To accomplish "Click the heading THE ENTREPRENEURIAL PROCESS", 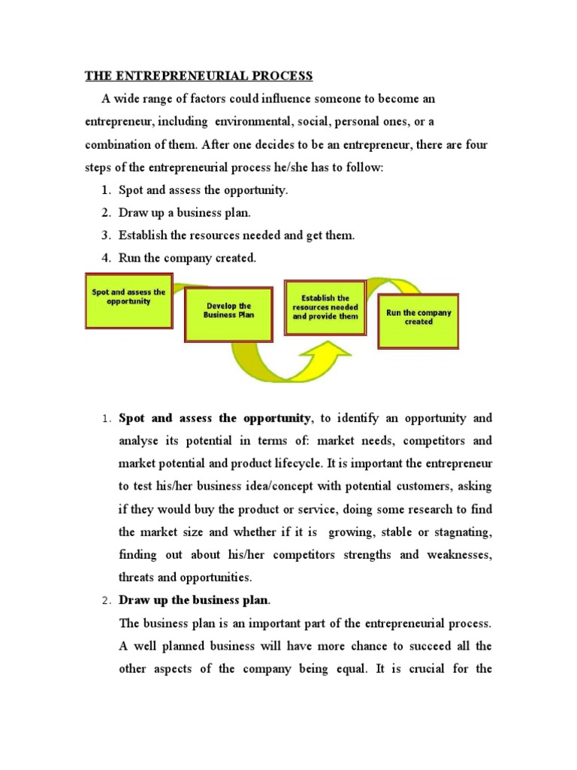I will click(x=198, y=76).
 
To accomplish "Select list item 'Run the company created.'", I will click(x=187, y=258).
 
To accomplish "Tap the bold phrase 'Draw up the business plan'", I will click(x=194, y=601).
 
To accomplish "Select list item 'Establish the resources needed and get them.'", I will click(x=236, y=235).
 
